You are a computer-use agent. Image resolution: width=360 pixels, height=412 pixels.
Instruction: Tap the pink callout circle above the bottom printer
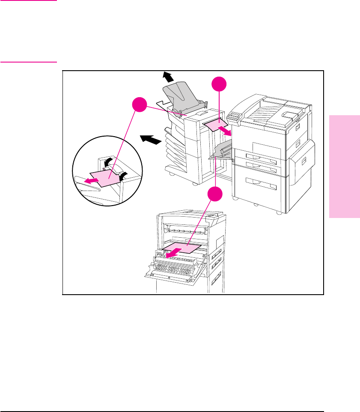216,195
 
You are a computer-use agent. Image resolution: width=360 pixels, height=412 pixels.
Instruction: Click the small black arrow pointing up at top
168,77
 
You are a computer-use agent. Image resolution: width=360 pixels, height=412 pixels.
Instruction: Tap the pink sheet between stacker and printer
216,125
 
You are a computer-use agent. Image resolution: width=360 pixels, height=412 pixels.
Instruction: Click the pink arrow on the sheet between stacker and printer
226,130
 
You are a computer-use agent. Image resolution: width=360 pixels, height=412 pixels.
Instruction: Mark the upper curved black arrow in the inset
108,161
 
